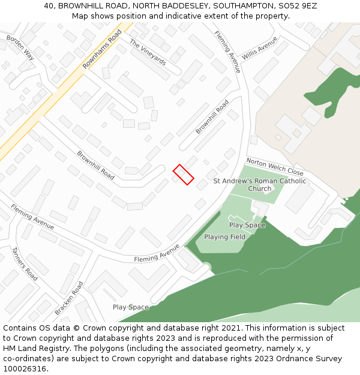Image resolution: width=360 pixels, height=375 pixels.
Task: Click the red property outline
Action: (x=184, y=174)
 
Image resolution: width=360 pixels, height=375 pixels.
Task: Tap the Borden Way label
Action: (x=20, y=47)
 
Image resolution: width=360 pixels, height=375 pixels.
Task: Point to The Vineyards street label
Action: (x=148, y=52)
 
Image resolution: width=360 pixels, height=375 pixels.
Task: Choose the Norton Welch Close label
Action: (x=275, y=167)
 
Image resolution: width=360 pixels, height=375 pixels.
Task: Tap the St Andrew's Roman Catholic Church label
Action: (x=260, y=185)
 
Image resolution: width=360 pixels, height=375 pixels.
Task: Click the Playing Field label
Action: (x=224, y=237)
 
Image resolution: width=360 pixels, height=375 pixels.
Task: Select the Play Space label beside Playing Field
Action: (x=247, y=225)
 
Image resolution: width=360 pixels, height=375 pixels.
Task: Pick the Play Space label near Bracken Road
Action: (x=130, y=307)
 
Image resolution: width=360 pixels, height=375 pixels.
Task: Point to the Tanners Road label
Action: (x=25, y=264)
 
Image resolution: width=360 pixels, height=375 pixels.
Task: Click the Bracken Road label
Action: (x=68, y=298)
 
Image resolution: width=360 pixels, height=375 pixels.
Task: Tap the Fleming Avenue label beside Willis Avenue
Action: (x=227, y=52)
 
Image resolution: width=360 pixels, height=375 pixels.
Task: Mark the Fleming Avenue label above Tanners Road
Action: (x=32, y=217)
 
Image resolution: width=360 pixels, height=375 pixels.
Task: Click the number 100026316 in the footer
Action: (x=25, y=368)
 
